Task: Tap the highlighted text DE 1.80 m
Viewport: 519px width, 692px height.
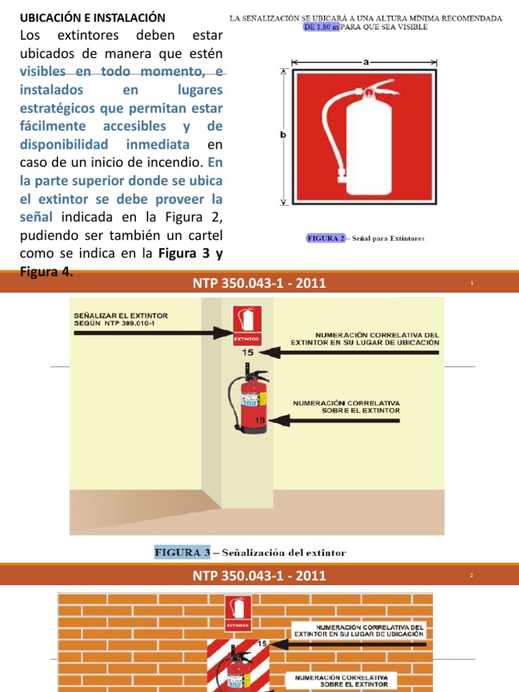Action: click(321, 28)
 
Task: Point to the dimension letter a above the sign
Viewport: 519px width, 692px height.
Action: click(366, 61)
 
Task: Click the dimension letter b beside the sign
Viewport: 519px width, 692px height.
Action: click(283, 135)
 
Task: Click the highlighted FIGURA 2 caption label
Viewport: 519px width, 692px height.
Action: click(326, 238)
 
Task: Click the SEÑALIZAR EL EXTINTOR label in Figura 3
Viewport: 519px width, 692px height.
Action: click(121, 319)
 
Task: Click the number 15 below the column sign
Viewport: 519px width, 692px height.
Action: click(247, 352)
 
